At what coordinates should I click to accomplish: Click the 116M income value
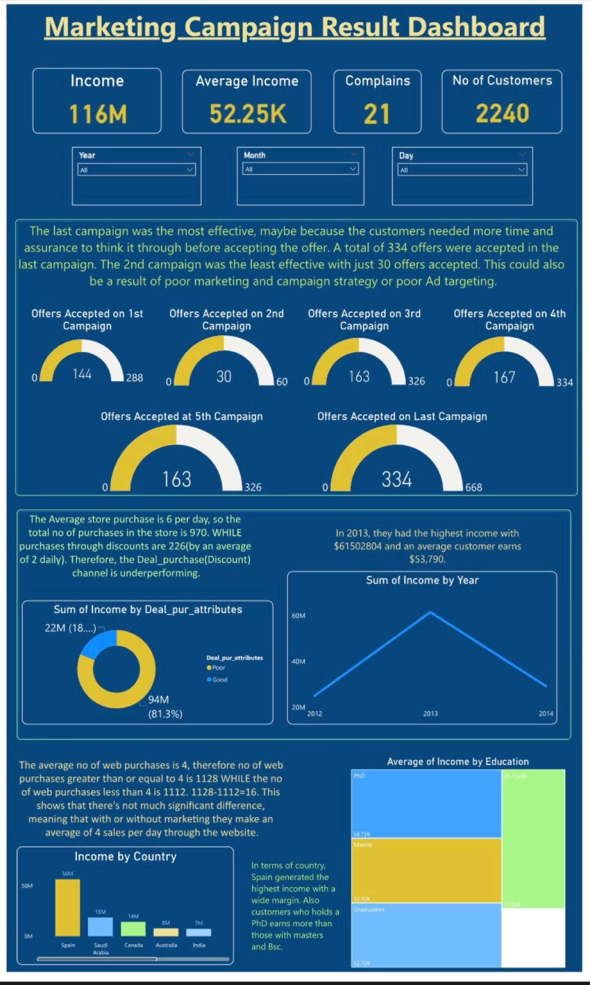[x=98, y=115]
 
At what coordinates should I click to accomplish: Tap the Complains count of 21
[x=377, y=115]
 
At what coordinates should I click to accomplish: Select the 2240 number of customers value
[x=502, y=114]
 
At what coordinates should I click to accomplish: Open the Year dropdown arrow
[x=190, y=170]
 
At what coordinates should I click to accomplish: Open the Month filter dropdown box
[x=300, y=169]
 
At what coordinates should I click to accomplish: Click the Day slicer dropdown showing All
[x=462, y=170]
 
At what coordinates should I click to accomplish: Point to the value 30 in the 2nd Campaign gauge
[x=224, y=377]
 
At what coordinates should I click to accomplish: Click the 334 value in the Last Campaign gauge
[x=397, y=479]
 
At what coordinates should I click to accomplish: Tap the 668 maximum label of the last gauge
[x=474, y=488]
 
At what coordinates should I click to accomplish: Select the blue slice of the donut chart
[x=97, y=644]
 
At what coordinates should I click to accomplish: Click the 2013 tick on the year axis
[x=430, y=713]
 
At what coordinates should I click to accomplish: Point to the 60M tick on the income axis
[x=298, y=616]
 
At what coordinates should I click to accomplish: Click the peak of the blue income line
[x=430, y=612]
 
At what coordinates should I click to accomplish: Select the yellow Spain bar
[x=67, y=908]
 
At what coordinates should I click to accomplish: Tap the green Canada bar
[x=133, y=928]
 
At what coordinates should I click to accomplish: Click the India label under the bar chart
[x=199, y=945]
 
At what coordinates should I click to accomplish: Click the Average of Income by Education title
[x=457, y=762]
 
